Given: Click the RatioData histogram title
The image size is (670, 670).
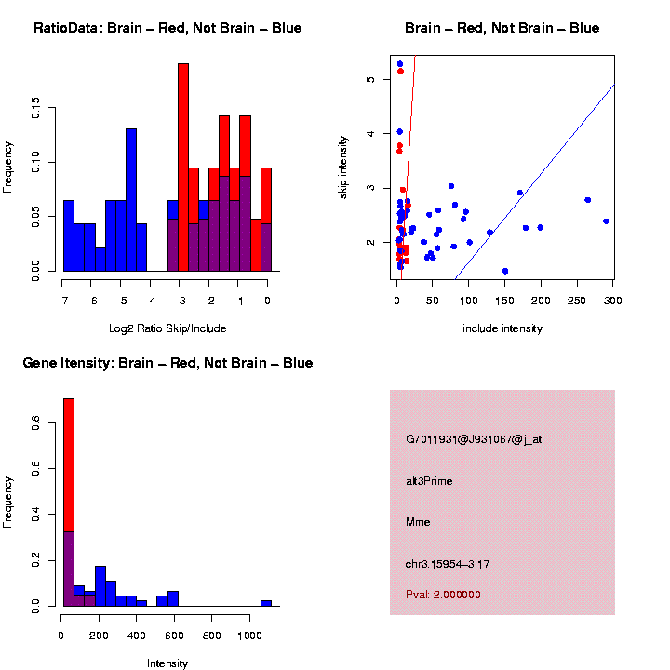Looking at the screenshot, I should [167, 28].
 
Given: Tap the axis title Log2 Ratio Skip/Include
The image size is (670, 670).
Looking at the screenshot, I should [167, 328].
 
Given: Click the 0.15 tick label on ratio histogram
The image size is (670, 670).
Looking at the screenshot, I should [36, 111].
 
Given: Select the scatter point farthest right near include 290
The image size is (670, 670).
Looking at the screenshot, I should [606, 221].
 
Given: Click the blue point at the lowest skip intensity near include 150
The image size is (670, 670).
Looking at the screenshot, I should [505, 271].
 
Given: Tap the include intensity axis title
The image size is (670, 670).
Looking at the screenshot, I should [502, 328].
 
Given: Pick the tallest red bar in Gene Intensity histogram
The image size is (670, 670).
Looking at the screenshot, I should [69, 465].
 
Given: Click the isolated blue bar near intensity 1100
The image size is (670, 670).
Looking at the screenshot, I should [266, 603].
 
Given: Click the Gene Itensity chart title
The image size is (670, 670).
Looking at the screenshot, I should [167, 363].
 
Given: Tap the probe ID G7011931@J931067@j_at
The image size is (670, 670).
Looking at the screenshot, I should [474, 439].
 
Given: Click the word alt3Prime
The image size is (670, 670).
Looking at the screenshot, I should [429, 481].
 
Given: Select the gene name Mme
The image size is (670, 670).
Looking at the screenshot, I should [416, 522].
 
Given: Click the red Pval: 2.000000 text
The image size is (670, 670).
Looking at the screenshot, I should [443, 595].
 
